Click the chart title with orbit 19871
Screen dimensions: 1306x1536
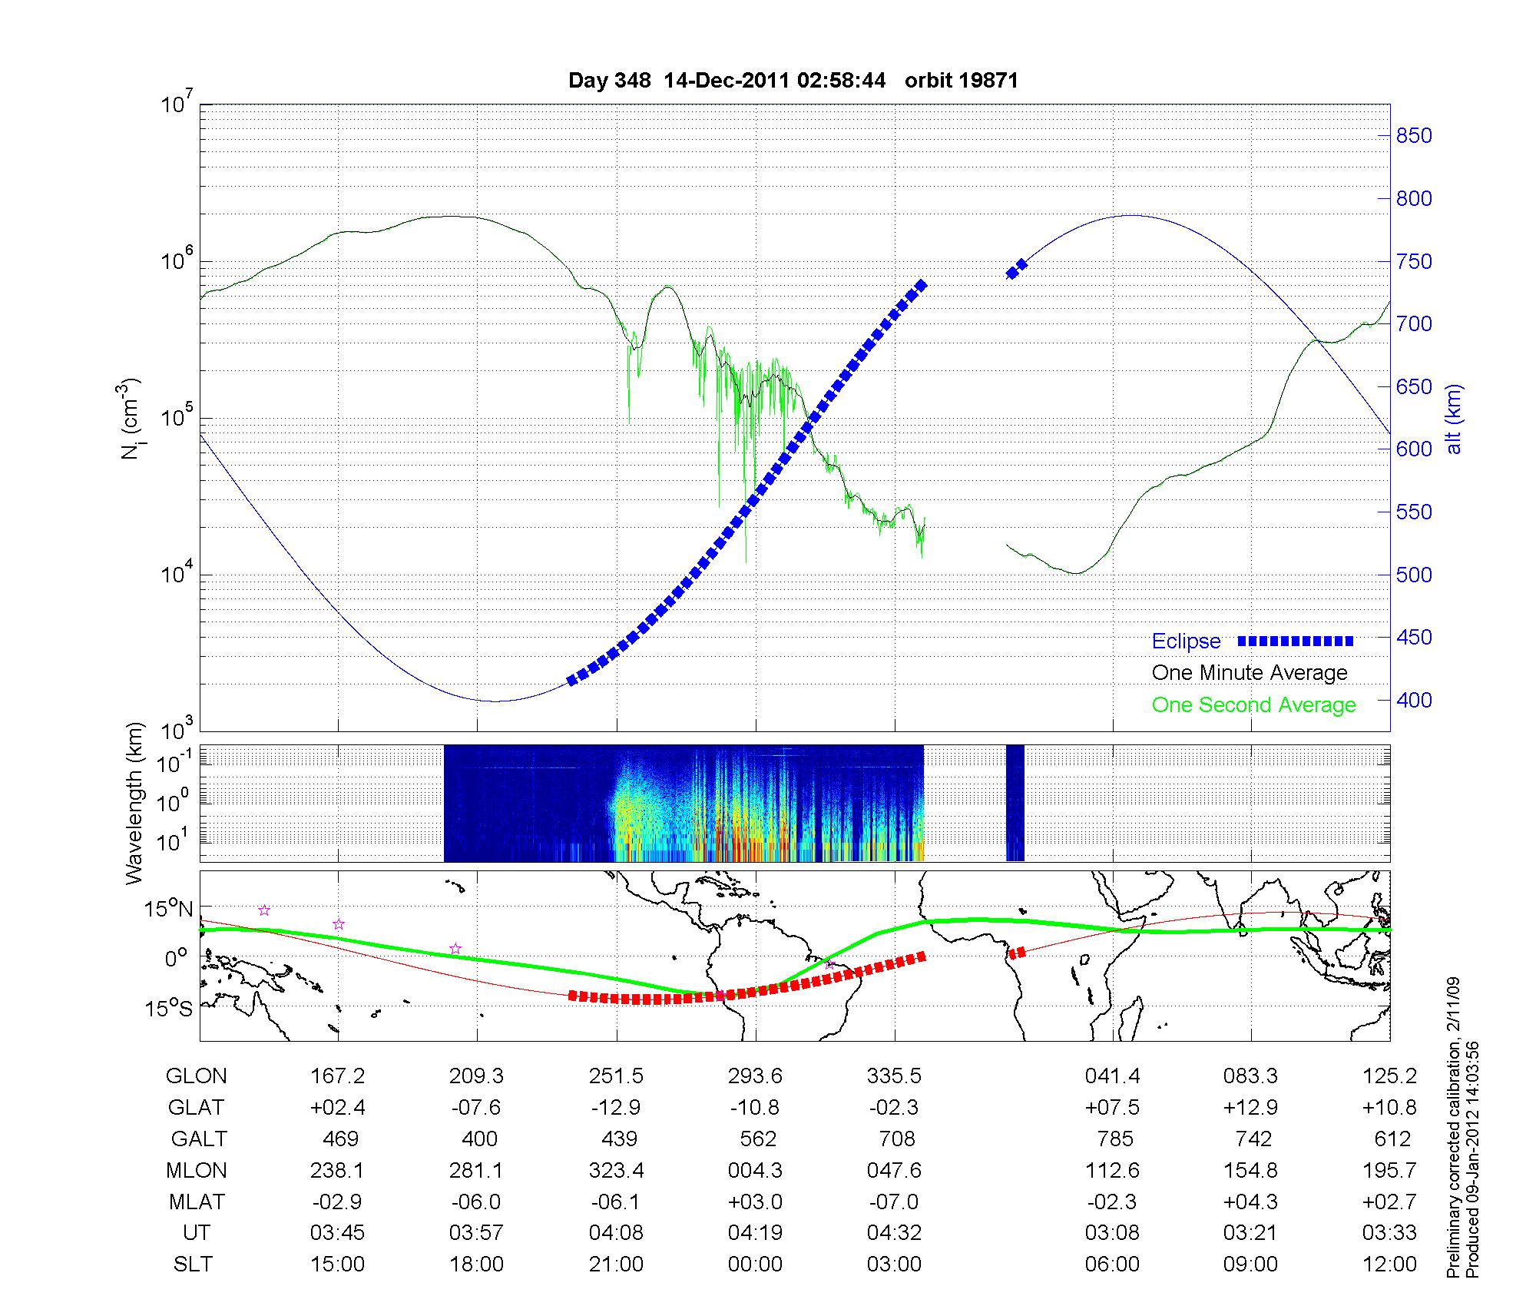pyautogui.click(x=793, y=81)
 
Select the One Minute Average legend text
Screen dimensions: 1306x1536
pyautogui.click(x=1250, y=673)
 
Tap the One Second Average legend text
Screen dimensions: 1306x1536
pyautogui.click(x=1253, y=705)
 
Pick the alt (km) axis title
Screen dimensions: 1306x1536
pyautogui.click(x=1454, y=419)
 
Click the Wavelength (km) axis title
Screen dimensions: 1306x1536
pyautogui.click(x=135, y=803)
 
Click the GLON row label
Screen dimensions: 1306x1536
pyautogui.click(x=197, y=1076)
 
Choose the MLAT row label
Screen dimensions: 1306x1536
pyautogui.click(x=197, y=1202)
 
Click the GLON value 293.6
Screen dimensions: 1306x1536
pyautogui.click(x=756, y=1076)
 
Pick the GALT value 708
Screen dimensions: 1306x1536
pyautogui.click(x=895, y=1139)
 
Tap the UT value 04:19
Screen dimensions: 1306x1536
pyautogui.click(x=756, y=1233)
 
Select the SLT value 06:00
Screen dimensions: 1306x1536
pyautogui.click(x=1112, y=1265)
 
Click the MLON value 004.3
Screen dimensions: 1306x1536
pyautogui.click(x=756, y=1170)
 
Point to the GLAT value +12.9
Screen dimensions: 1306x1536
pyautogui.click(x=1251, y=1108)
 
